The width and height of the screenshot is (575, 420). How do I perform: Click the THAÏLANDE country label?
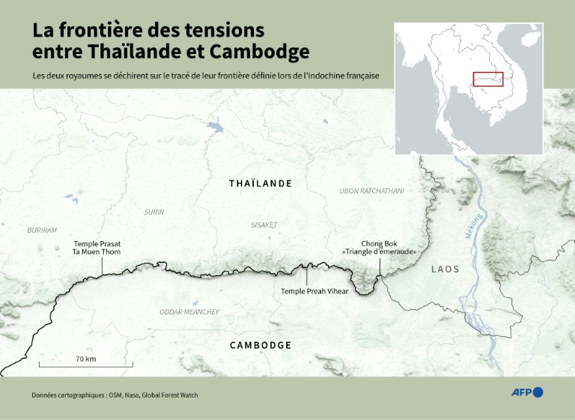(x=261, y=183)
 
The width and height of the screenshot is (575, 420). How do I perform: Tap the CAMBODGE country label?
(x=261, y=345)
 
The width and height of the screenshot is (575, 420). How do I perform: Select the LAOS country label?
(x=445, y=269)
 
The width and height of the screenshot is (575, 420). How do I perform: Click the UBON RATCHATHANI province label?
(x=371, y=191)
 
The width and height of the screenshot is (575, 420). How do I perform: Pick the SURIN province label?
(x=154, y=213)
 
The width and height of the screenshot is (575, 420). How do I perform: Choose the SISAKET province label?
(x=264, y=225)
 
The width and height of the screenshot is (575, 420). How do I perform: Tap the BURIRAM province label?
(x=42, y=231)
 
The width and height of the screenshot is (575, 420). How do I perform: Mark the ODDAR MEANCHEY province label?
(x=189, y=312)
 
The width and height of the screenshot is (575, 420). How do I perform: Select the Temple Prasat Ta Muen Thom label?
(x=97, y=249)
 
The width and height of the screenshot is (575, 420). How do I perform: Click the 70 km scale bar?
(x=86, y=365)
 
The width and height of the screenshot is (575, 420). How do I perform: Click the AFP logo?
(x=527, y=392)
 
